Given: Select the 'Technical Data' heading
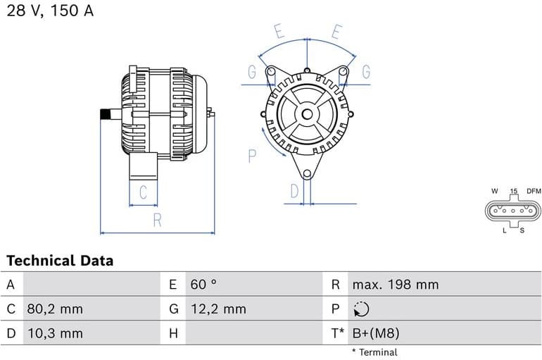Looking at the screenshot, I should (x=60, y=261).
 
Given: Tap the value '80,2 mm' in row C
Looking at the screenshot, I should (x=56, y=309).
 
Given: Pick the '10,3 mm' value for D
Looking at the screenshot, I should (x=56, y=333).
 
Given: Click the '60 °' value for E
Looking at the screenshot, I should (x=203, y=285).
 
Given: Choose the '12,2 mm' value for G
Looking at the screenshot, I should (x=218, y=309).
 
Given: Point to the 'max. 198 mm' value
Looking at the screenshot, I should (x=396, y=285).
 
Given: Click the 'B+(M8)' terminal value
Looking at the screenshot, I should (x=376, y=333).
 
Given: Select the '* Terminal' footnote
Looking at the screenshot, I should (x=374, y=352).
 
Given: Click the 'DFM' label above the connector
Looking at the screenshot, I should (x=534, y=191).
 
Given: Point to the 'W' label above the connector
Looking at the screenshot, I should (x=494, y=191).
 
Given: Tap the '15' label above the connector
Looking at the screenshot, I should (x=514, y=191).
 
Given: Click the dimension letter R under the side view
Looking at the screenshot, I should (x=157, y=220).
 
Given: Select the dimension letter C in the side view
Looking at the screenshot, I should (x=143, y=192).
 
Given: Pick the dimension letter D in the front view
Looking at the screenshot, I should (x=295, y=190).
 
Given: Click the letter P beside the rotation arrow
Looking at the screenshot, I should (x=253, y=155).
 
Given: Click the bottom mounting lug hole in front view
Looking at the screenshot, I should (x=306, y=174).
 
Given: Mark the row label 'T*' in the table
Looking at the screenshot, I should (x=337, y=333).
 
